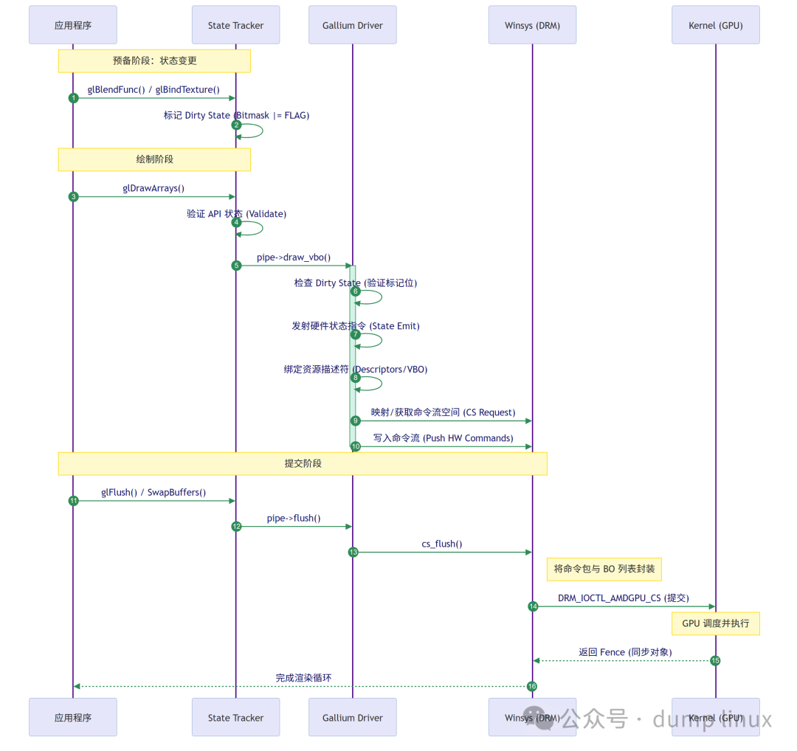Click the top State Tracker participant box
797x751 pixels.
click(x=235, y=25)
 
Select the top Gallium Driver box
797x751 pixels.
click(x=352, y=25)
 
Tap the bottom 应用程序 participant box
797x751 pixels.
click(x=73, y=717)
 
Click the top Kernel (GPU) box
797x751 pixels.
click(x=715, y=25)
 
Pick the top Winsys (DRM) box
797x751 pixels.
click(x=532, y=25)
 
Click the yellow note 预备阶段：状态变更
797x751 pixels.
click(x=154, y=61)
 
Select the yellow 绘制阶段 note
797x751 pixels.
click(x=154, y=159)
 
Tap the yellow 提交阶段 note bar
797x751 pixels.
click(x=303, y=464)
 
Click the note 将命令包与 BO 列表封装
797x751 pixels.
click(x=604, y=570)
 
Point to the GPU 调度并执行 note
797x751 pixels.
click(x=715, y=623)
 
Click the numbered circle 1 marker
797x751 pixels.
click(x=73, y=98)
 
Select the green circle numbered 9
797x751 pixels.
click(x=355, y=421)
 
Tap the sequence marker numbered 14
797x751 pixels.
click(x=533, y=606)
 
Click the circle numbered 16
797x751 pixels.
click(x=531, y=686)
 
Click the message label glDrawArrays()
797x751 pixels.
click(x=153, y=188)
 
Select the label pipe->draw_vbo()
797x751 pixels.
click(x=294, y=257)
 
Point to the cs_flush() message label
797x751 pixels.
click(x=442, y=544)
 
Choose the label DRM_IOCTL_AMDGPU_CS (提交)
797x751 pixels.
click(x=623, y=598)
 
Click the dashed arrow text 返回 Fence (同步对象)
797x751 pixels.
click(x=625, y=652)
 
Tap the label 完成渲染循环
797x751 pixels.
click(x=303, y=677)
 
